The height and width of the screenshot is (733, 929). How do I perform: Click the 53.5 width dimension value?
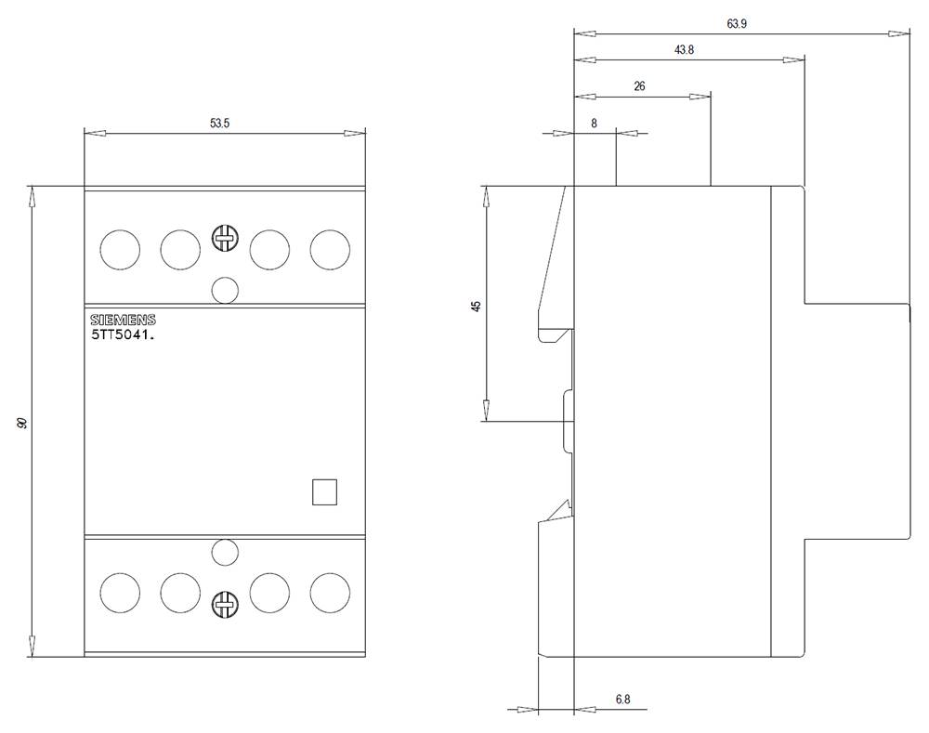tap(219, 123)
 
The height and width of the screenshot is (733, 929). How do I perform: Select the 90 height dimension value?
tap(22, 423)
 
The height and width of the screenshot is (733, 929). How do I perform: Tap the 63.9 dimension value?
tap(737, 24)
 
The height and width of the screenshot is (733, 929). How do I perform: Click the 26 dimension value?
tap(639, 85)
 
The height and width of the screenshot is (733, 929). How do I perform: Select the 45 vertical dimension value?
tap(476, 306)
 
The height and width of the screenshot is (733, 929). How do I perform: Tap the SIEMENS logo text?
tap(123, 320)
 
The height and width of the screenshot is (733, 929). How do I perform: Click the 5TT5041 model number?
tap(122, 336)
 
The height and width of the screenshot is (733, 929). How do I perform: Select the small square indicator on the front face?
tap(324, 491)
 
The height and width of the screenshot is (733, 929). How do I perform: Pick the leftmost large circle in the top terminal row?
tap(120, 249)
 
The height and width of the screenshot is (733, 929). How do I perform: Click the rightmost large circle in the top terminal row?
tap(330, 249)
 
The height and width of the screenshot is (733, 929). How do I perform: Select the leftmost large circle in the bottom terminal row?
tap(120, 592)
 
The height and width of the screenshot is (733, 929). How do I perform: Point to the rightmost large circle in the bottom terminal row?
tap(330, 592)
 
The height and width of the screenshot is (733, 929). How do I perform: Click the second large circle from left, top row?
tap(180, 249)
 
